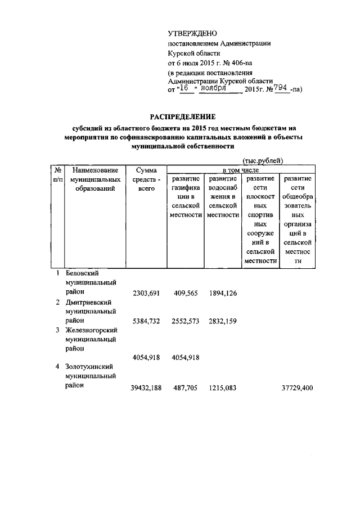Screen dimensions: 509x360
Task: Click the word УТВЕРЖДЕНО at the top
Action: pyautogui.click(x=192, y=34)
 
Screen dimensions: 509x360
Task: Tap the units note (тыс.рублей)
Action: pyautogui.click(x=263, y=161)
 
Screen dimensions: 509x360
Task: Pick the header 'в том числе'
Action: pyautogui.click(x=241, y=170)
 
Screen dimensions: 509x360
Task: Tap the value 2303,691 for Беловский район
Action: pyautogui.click(x=146, y=292)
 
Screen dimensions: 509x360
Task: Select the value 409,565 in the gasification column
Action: pyautogui.click(x=184, y=292)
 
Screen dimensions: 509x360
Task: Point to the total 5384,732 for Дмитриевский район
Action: pyautogui.click(x=146, y=321)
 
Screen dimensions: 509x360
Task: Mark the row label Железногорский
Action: pyautogui.click(x=91, y=330)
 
